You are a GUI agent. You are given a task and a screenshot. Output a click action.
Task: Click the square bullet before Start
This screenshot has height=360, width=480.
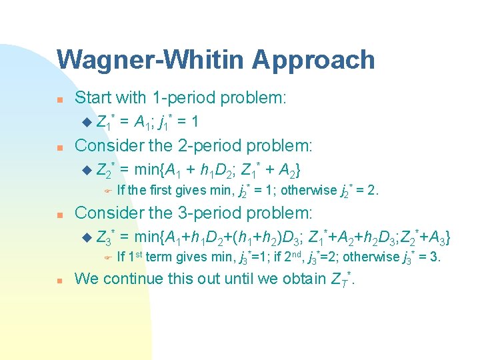tap(59, 99)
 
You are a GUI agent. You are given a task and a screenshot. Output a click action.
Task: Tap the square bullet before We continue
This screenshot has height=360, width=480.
tap(59, 280)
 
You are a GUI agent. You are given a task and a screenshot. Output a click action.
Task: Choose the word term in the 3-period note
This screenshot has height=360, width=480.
tap(158, 257)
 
